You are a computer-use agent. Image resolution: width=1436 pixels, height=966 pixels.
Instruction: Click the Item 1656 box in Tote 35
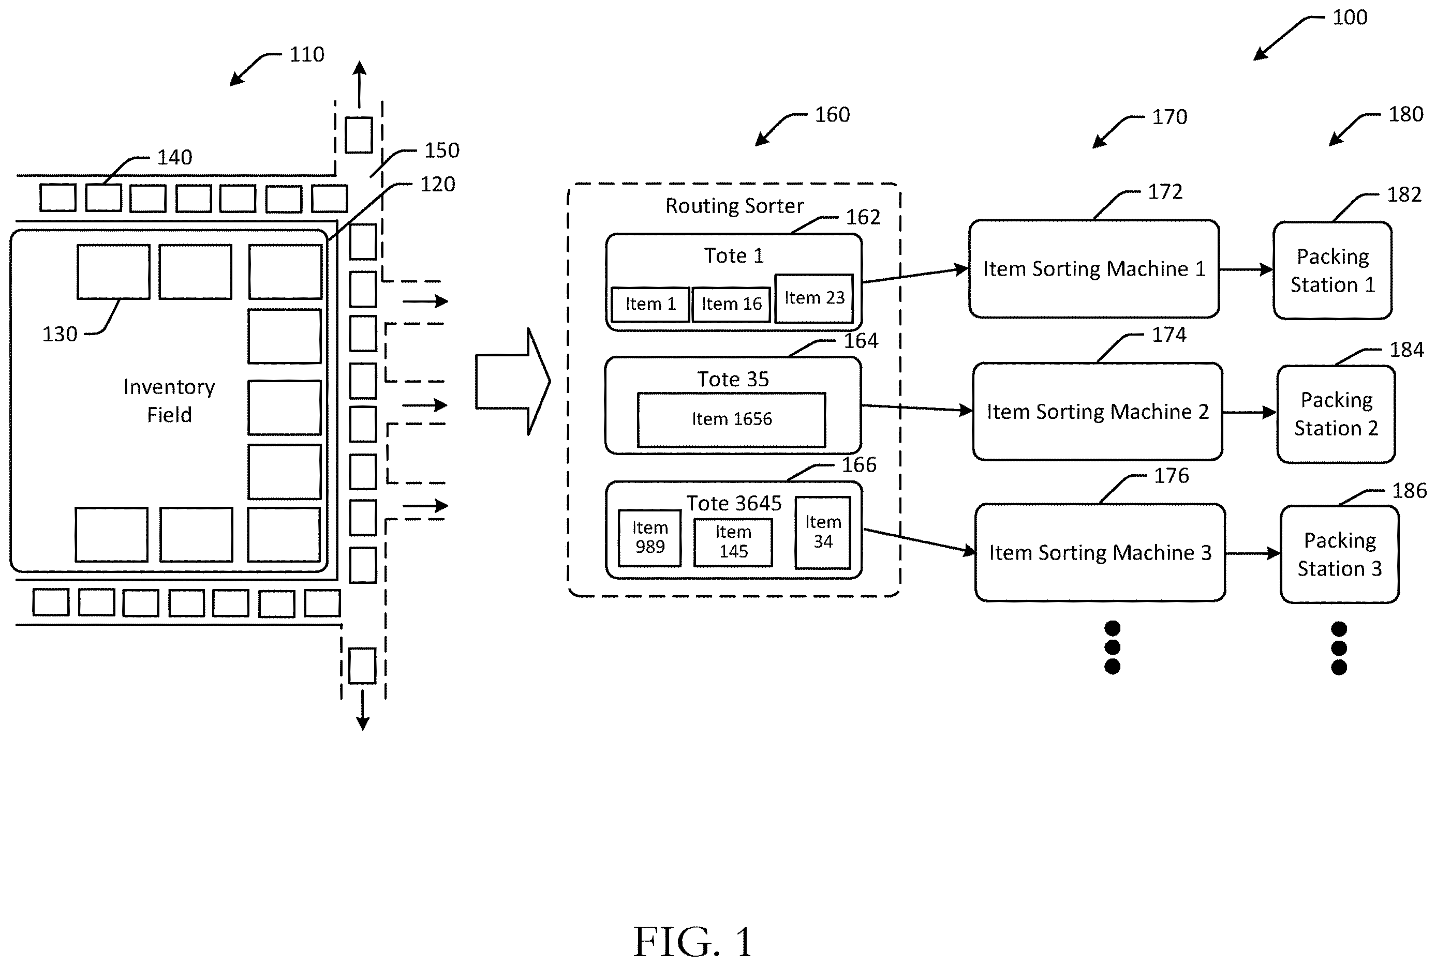point(732,419)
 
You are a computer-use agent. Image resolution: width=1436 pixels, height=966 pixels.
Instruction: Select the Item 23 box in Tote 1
point(814,298)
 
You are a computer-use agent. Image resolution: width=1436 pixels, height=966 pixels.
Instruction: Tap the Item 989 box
point(649,538)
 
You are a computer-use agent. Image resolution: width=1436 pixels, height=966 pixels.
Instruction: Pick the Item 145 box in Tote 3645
point(733,542)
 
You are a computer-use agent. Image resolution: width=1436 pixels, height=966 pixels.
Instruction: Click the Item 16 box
point(732,305)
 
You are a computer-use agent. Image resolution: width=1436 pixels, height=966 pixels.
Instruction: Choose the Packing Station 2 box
point(1336,414)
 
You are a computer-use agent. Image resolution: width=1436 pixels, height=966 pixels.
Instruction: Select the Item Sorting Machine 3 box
point(1100,553)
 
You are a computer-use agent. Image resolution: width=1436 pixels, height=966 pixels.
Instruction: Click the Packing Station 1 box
point(1333,270)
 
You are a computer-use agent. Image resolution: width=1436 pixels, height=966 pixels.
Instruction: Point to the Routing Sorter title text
point(735,206)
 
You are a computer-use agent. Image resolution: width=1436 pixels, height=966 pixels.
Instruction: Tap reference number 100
point(1350,17)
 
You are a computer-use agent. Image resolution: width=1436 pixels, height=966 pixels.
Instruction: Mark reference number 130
point(60,334)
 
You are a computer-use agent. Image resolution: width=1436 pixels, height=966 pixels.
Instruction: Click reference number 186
point(1410,490)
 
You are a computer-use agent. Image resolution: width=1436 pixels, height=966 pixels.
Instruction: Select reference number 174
point(1168,335)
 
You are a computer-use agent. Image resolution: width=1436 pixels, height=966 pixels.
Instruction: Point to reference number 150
point(441,150)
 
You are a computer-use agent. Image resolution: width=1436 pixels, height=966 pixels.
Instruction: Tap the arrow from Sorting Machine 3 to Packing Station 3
point(1253,553)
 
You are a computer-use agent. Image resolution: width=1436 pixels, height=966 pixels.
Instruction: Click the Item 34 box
point(823,532)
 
